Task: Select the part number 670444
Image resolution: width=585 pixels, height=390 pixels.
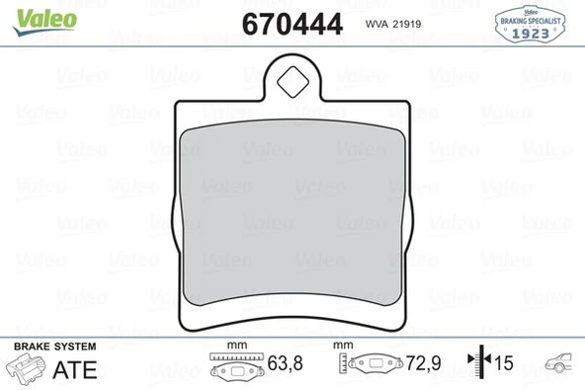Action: pyautogui.click(x=292, y=24)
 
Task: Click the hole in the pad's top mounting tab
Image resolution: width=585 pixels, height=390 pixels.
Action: pyautogui.click(x=293, y=81)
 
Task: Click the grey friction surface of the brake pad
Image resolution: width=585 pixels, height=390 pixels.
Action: pyautogui.click(x=292, y=207)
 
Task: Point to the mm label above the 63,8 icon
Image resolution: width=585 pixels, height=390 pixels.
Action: pyautogui.click(x=235, y=346)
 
